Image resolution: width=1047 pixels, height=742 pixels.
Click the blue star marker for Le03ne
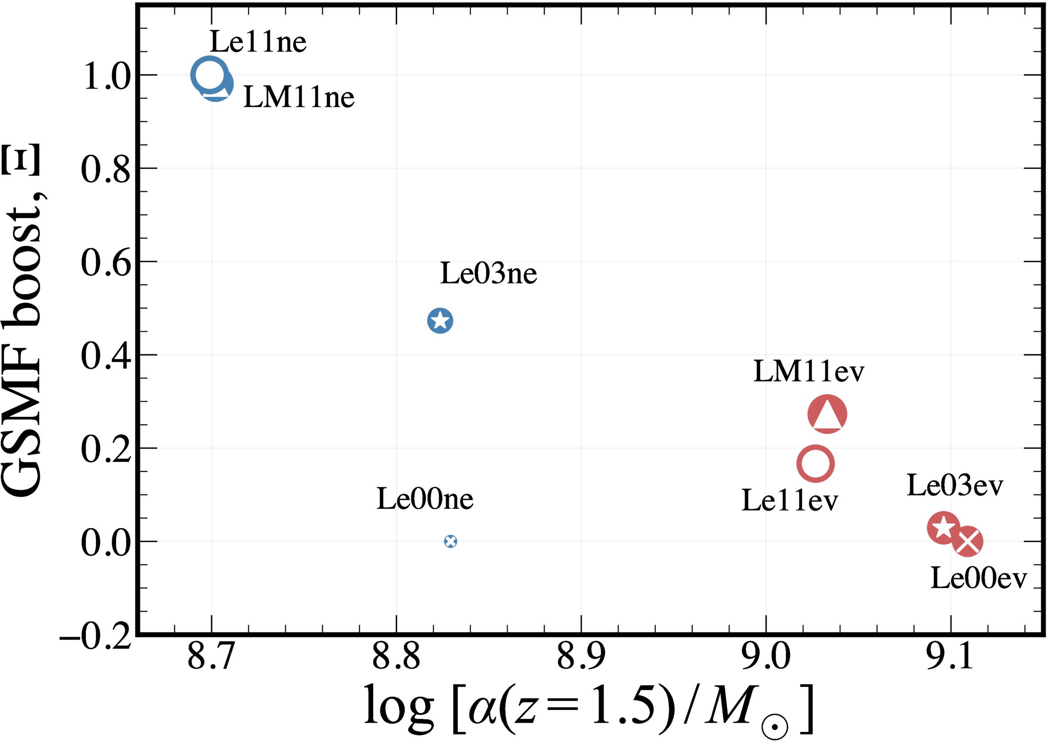point(440,321)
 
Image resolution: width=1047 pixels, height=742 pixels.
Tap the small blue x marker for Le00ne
point(451,541)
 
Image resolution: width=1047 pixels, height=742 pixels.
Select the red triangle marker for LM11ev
point(827,414)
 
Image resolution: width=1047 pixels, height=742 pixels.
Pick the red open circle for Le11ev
point(816,464)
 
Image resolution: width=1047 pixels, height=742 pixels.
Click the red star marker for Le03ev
point(943,528)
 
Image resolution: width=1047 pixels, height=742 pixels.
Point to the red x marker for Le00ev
point(967,541)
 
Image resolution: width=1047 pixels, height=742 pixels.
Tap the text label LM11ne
point(299,97)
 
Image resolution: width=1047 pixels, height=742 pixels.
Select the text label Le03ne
point(488,274)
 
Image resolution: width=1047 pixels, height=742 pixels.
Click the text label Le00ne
point(425,499)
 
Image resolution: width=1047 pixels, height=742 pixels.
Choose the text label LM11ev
point(808,372)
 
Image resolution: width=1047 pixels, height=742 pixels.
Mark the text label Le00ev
point(979,579)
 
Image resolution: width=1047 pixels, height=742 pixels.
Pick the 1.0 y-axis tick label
point(106,76)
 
